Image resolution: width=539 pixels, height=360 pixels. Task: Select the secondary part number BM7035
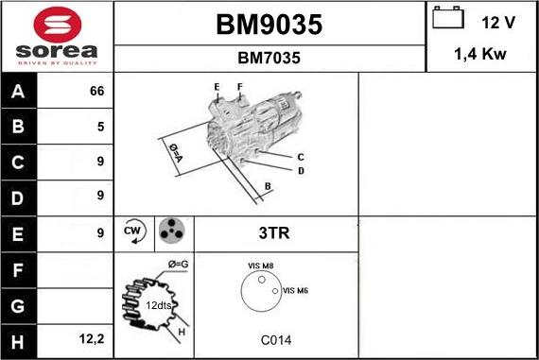pos(269,59)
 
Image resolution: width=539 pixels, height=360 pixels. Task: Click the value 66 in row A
pos(96,91)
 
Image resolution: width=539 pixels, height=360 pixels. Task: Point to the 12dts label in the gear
pos(159,305)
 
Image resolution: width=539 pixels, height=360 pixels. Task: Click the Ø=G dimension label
pos(178,263)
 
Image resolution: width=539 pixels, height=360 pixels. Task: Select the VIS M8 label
pos(260,266)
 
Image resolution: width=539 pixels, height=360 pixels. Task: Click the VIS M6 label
pos(296,291)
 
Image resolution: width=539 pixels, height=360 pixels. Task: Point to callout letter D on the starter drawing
pos(301,171)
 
